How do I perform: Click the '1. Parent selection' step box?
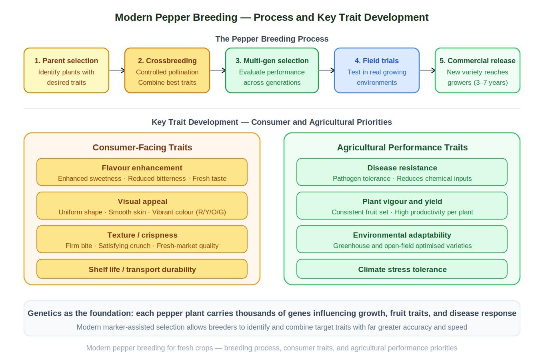(66, 70)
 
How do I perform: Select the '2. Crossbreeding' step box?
(167, 70)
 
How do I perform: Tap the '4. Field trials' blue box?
(377, 70)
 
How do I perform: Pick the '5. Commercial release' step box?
(478, 70)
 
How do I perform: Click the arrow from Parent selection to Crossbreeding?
(117, 70)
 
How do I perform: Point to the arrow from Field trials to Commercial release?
(427, 70)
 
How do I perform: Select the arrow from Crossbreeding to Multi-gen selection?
(218, 70)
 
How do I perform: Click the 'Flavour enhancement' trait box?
(142, 172)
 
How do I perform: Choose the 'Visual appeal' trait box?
(142, 206)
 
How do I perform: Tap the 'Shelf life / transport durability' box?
(142, 269)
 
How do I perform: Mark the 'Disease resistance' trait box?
(402, 172)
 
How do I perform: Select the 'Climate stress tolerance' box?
(402, 269)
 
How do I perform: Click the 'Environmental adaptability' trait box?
(402, 239)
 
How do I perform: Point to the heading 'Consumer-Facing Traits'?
(142, 147)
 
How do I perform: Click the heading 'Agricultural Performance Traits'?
(402, 147)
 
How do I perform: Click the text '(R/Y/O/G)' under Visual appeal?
(211, 212)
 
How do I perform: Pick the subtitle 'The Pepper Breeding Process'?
(272, 39)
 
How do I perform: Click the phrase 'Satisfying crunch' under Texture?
(124, 246)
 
